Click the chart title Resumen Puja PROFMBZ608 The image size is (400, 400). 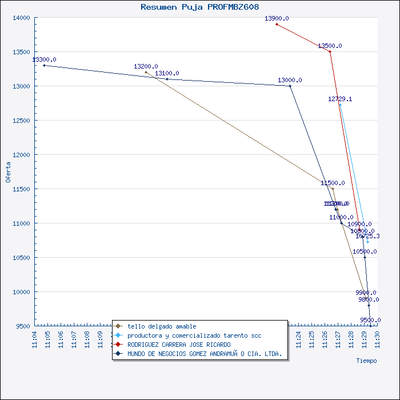click(x=199, y=7)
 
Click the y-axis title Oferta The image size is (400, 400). click(x=8, y=172)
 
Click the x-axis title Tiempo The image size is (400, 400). click(x=366, y=361)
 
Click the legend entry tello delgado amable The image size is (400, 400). click(x=162, y=326)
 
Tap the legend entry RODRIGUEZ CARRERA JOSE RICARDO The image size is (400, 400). click(x=179, y=345)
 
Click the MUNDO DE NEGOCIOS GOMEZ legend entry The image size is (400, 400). click(x=204, y=354)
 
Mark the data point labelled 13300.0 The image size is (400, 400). click(x=44, y=65)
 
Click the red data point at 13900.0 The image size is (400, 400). click(x=277, y=24)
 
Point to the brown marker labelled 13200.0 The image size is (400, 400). click(x=146, y=72)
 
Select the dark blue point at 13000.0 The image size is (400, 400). click(x=290, y=86)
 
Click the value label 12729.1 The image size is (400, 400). click(x=340, y=99)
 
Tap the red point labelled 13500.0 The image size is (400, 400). click(x=330, y=51)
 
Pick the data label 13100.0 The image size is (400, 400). click(x=167, y=73)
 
